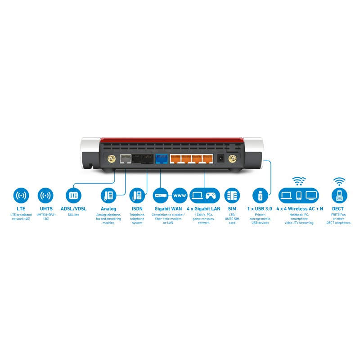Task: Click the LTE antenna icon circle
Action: click(x=21, y=196)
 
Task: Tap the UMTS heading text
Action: click(x=45, y=209)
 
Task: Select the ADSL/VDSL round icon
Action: click(x=73, y=196)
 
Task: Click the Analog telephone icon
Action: click(x=108, y=196)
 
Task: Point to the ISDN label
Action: click(x=137, y=209)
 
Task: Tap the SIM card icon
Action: click(x=232, y=196)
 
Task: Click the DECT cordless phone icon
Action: click(x=339, y=196)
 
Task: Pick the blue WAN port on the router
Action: click(x=161, y=158)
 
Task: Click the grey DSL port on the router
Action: click(x=126, y=158)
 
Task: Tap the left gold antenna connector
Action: click(x=110, y=158)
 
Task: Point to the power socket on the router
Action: click(x=221, y=158)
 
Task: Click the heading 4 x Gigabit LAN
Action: click(x=203, y=209)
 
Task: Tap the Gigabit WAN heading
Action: click(x=168, y=209)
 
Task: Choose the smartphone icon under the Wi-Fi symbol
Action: click(x=298, y=196)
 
